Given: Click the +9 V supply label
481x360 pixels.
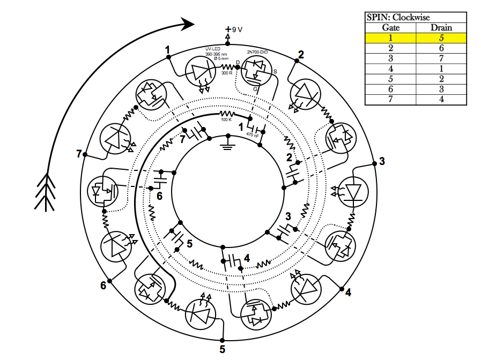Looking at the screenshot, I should (234, 29).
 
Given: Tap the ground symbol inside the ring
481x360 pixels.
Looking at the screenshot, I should (228, 144).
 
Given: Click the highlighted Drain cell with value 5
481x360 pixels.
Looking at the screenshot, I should (441, 38).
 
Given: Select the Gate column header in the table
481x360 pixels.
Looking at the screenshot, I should (391, 27).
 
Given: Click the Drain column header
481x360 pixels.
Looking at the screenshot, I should (441, 27).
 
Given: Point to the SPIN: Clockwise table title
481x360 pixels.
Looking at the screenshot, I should (398, 17).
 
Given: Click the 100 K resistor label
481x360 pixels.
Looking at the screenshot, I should (227, 119).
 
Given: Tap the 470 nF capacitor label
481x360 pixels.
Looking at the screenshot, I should (252, 136).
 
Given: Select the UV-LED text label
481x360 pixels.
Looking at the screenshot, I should (212, 49).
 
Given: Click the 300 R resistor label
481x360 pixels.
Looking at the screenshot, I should (226, 72).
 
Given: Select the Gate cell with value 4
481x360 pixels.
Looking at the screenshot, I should (391, 69).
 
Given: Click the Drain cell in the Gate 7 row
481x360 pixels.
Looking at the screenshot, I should (441, 99).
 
